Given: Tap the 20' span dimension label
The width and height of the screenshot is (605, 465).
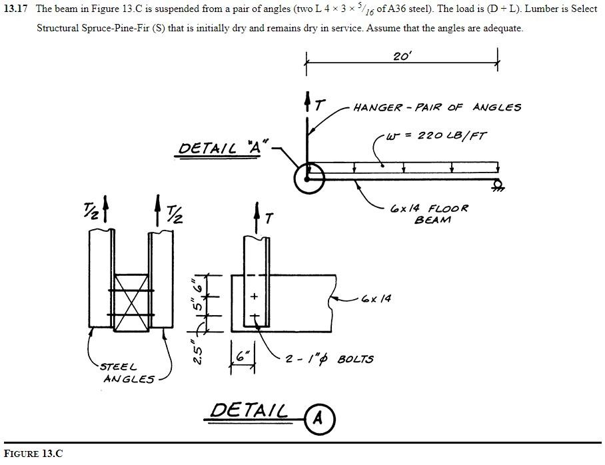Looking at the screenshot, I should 402,57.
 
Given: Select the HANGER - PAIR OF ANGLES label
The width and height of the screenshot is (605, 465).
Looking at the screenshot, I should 437,107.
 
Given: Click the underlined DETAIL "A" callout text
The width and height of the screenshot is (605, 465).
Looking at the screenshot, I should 224,147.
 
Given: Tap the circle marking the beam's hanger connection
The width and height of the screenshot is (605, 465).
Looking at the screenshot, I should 308,178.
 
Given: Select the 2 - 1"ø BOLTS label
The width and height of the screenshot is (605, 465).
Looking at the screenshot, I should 330,359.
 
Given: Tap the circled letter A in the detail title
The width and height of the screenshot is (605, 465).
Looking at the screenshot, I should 318,418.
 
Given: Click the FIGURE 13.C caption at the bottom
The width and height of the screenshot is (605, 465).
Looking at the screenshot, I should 33,454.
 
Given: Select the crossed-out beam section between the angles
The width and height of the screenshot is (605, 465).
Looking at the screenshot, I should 131,302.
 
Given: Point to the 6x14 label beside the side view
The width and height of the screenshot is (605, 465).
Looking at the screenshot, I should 376,298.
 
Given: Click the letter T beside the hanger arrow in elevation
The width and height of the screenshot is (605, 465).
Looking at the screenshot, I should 320,105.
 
